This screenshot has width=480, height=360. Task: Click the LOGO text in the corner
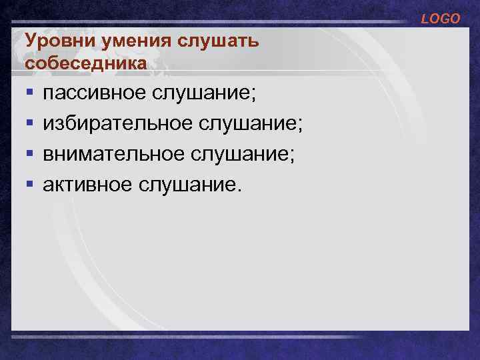coord(440,19)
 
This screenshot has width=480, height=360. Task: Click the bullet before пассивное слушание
coord(29,94)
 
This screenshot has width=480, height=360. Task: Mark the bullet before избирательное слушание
coord(29,123)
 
